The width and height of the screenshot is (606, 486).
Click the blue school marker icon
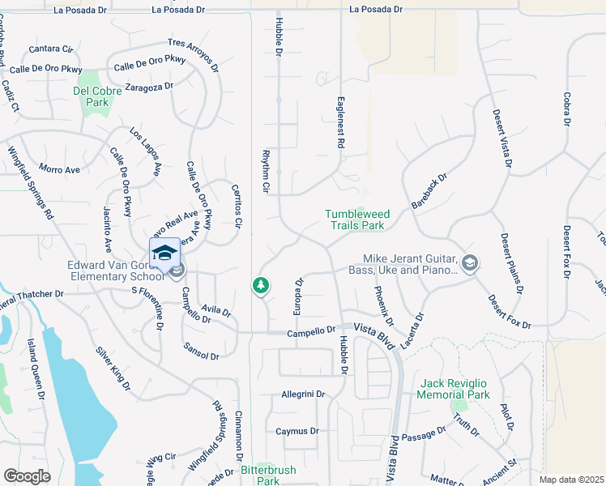[x=164, y=253]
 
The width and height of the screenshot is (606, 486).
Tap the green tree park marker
[x=260, y=285]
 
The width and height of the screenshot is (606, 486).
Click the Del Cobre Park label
[x=97, y=96]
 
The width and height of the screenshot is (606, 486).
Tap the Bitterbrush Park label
[x=268, y=475]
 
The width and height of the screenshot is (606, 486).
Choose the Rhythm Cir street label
[x=265, y=171]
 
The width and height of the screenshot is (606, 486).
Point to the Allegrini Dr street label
[x=302, y=394]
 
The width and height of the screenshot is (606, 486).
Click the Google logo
[x=27, y=475]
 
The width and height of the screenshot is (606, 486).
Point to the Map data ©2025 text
[x=570, y=480]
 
